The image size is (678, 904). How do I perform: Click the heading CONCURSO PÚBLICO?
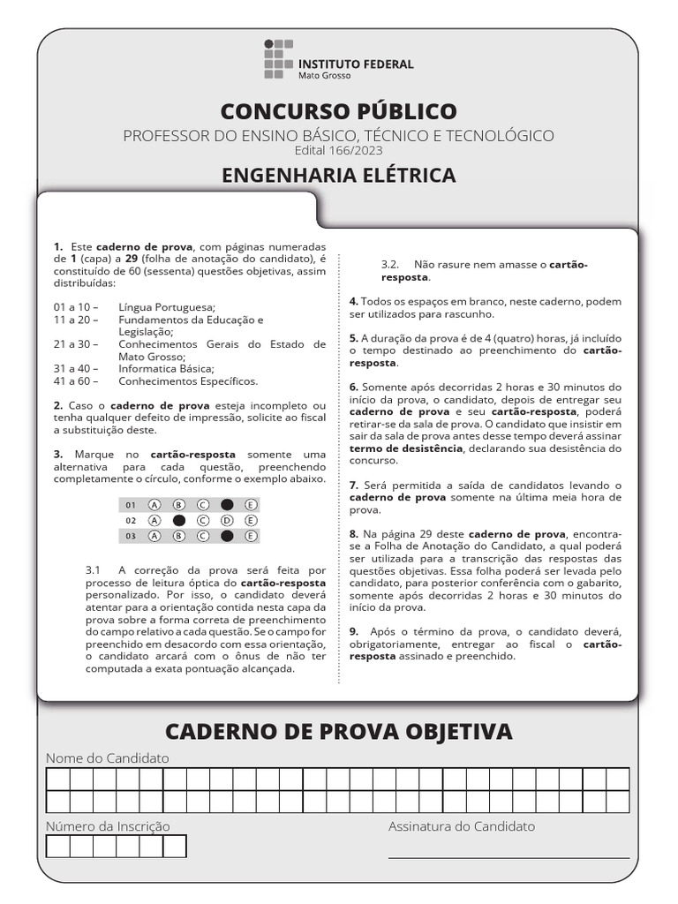[339, 111]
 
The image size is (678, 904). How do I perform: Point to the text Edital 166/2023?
[339, 150]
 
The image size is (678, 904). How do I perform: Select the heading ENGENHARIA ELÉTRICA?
[339, 175]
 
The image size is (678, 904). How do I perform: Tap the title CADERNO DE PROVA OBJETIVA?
[339, 731]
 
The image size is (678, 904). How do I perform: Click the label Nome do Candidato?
[107, 758]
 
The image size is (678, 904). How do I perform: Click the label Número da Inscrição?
[108, 826]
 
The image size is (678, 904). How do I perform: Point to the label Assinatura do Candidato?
[462, 826]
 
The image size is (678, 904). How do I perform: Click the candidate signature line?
[508, 856]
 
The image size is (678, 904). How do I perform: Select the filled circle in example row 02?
[179, 521]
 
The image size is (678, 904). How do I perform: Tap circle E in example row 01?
[251, 505]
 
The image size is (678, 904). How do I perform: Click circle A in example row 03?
[154, 536]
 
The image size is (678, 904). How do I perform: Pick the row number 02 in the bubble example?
[131, 521]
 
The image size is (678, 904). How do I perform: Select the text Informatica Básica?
[167, 368]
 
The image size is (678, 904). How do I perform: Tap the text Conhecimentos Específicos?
[189, 381]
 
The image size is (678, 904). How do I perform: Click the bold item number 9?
[353, 631]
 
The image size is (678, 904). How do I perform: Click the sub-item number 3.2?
[390, 264]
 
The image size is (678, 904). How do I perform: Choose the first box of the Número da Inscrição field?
[57, 846]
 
